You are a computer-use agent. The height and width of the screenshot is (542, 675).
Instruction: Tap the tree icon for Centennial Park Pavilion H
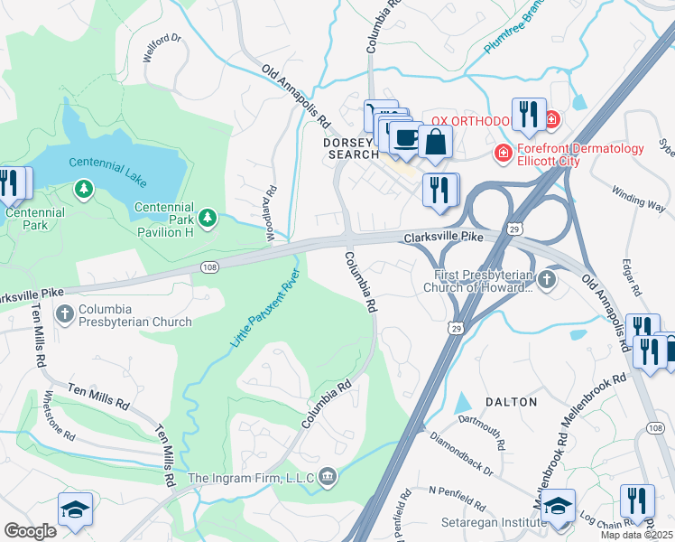[208, 217]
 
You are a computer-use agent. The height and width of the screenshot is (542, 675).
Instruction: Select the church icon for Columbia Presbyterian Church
[65, 313]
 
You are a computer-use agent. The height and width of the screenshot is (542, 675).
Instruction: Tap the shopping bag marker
[435, 143]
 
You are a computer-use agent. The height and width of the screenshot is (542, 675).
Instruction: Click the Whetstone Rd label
[60, 416]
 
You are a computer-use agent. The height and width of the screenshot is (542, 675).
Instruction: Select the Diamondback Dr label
[462, 457]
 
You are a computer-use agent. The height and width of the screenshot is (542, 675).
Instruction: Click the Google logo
[30, 531]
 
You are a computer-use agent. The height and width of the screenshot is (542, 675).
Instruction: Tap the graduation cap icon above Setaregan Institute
[559, 506]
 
